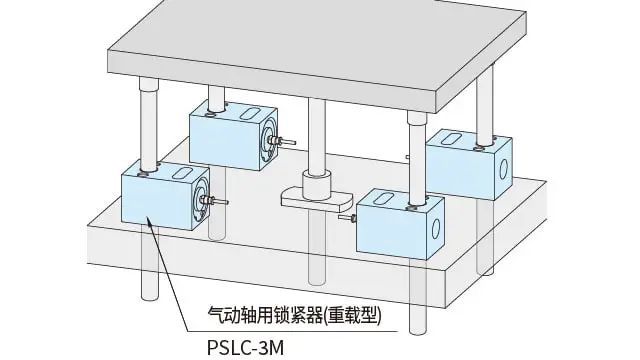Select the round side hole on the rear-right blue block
point(506,161)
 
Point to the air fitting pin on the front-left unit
point(219,203)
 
